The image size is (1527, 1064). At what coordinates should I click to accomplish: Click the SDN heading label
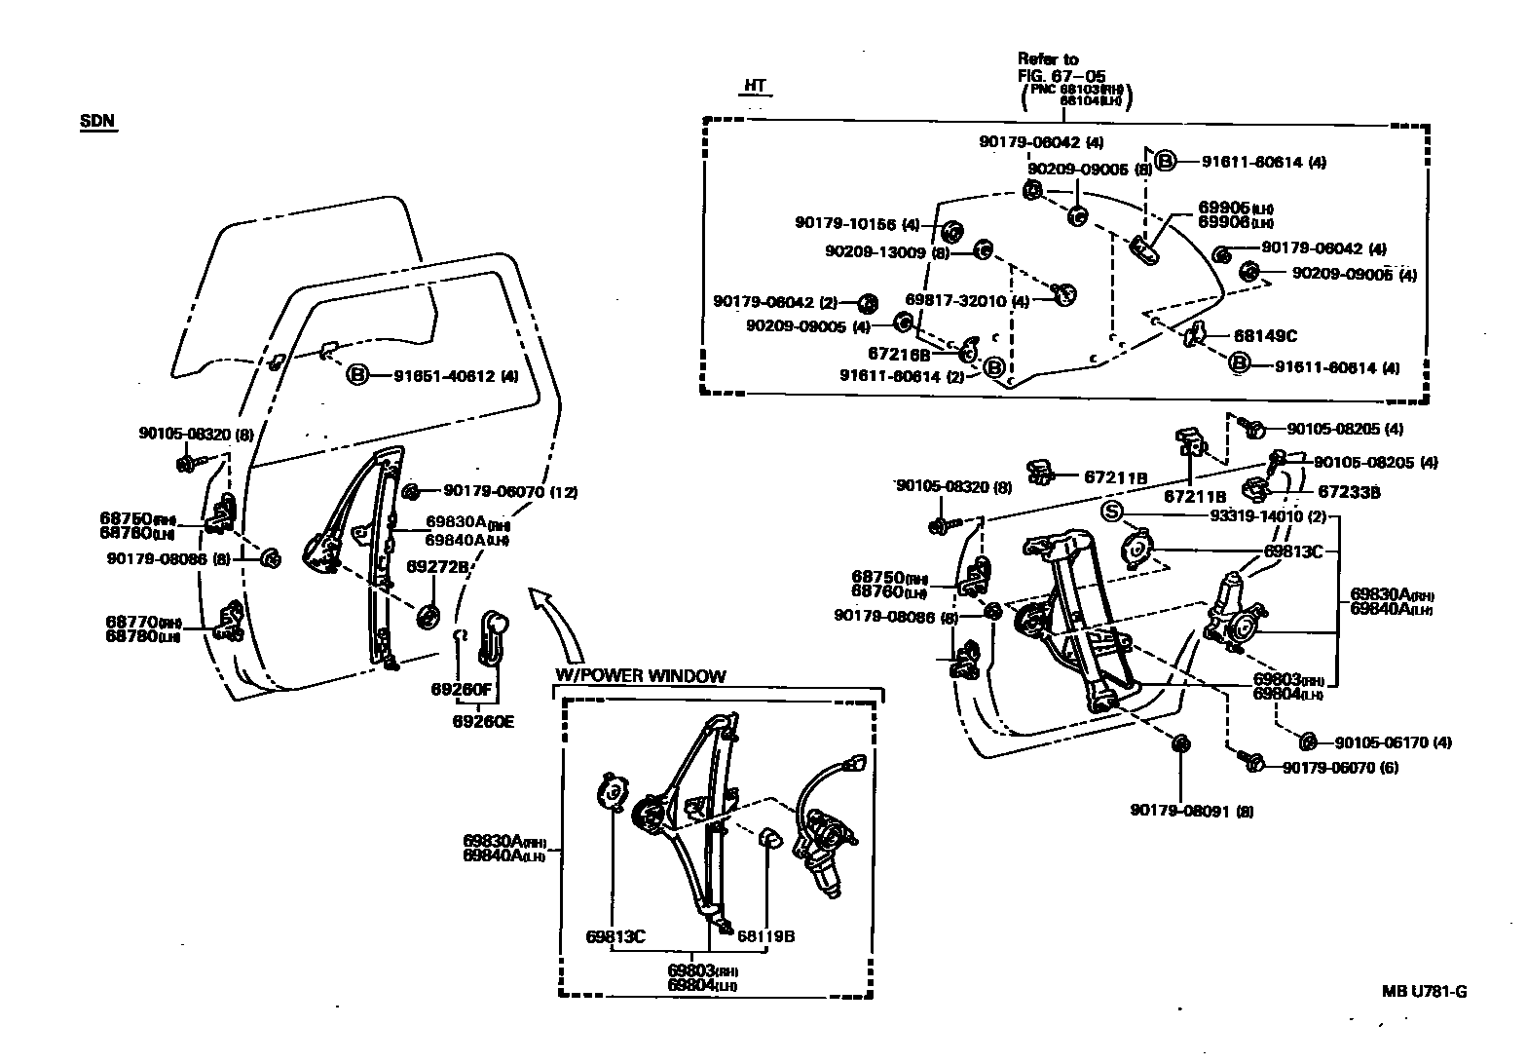click(97, 122)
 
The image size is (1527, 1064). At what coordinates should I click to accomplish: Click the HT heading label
click(755, 86)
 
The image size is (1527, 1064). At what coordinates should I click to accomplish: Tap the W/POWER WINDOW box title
click(640, 676)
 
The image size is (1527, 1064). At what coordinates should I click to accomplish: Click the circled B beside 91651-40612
click(358, 375)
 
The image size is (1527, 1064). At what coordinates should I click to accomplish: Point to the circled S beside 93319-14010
click(1112, 513)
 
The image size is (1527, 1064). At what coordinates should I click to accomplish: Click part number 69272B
click(437, 566)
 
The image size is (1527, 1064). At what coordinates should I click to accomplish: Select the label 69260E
click(482, 722)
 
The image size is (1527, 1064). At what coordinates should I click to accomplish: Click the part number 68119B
click(765, 936)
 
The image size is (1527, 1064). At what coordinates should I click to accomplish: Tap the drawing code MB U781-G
click(1424, 992)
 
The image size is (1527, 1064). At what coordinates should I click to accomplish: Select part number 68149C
click(1265, 336)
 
